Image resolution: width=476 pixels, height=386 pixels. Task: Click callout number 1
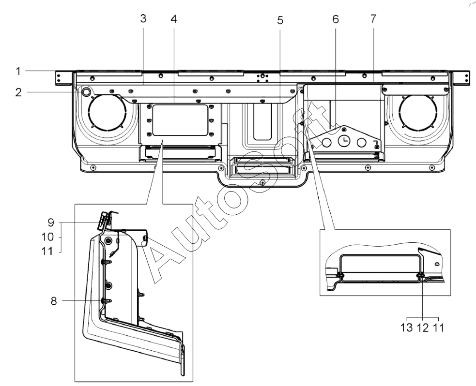[x=18, y=72]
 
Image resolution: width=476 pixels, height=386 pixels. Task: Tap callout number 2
[x=18, y=92]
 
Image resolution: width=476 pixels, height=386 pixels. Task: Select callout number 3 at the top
[x=143, y=18]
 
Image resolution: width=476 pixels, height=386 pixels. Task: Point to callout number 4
[x=173, y=19]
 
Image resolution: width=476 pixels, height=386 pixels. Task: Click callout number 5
[x=280, y=20]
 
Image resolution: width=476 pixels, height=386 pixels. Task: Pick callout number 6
[x=336, y=19]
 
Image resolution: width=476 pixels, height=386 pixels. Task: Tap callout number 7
[x=373, y=18]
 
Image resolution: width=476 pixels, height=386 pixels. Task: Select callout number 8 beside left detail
[x=53, y=301]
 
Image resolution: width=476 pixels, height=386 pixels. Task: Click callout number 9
[x=51, y=223]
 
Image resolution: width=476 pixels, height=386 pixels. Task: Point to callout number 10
[x=47, y=237]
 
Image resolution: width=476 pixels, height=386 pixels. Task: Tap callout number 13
[x=407, y=328]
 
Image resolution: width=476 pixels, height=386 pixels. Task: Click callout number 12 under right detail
[x=423, y=328]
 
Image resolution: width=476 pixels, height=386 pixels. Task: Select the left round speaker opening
[x=107, y=111]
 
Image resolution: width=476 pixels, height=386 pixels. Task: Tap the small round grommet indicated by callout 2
[x=86, y=91]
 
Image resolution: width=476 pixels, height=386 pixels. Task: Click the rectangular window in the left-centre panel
[x=180, y=120]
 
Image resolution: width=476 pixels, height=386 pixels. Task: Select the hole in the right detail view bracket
[x=437, y=264]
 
